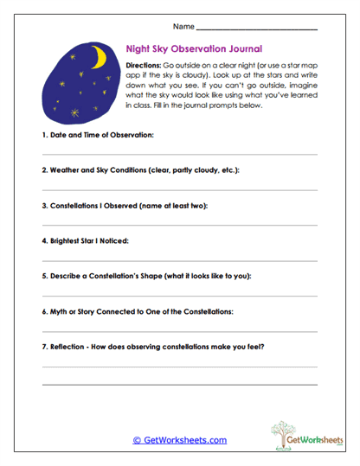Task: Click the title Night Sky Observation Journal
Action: click(x=194, y=50)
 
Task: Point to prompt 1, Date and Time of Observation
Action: click(x=98, y=137)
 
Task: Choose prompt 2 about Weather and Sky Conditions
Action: click(x=140, y=171)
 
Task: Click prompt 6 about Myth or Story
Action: click(x=138, y=311)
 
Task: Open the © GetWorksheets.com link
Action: click(x=179, y=440)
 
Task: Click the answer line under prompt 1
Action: click(x=179, y=154)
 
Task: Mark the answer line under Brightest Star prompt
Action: click(x=179, y=259)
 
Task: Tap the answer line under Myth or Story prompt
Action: click(x=179, y=329)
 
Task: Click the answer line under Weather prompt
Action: click(x=179, y=189)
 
